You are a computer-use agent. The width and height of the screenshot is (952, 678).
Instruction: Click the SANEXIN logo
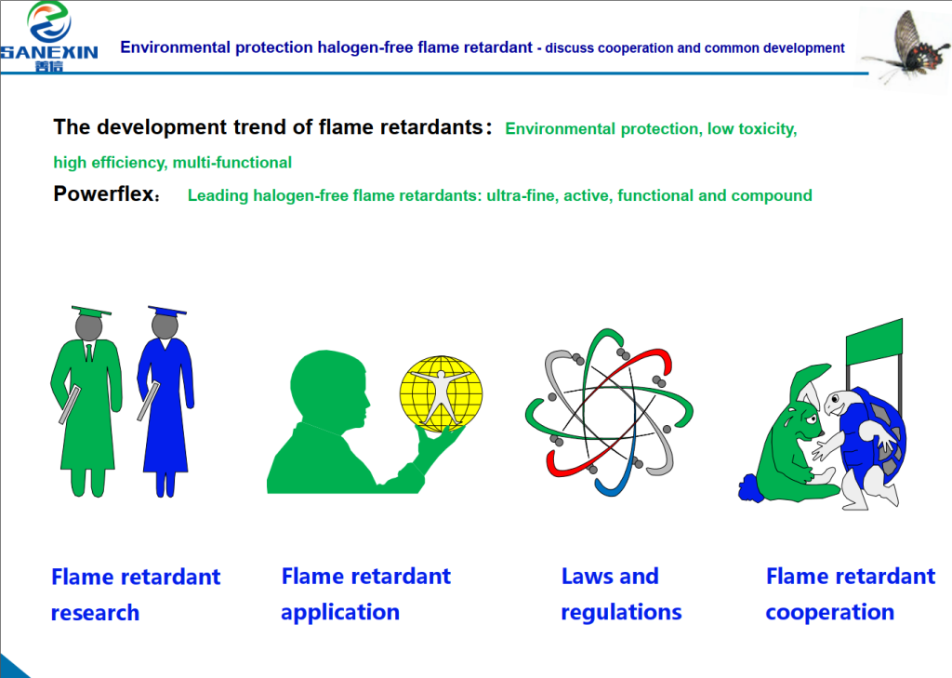tap(48, 37)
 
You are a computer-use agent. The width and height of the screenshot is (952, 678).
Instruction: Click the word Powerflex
tap(101, 195)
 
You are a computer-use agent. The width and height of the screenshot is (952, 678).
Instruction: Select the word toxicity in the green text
tap(763, 129)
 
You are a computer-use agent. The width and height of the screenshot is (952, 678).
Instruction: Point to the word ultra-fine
tap(521, 196)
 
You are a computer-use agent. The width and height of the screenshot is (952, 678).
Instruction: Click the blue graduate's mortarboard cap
tap(166, 311)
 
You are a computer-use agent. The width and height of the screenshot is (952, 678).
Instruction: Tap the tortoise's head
tap(845, 399)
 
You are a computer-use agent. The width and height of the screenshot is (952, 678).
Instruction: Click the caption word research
tap(95, 613)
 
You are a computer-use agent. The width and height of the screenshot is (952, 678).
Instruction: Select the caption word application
tap(340, 612)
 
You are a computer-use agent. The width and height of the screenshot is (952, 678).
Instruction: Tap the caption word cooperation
tap(830, 612)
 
